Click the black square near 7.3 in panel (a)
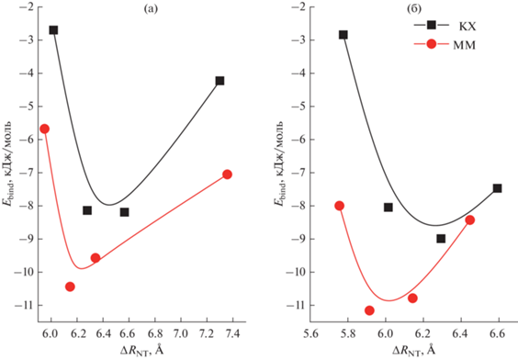pyautogui.click(x=220, y=81)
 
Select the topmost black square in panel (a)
pyautogui.click(x=53, y=30)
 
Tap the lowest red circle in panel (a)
pyautogui.click(x=70, y=287)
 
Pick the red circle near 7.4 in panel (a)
pyautogui.click(x=227, y=174)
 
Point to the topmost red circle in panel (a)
pyautogui.click(x=45, y=129)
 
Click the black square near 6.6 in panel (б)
pyautogui.click(x=497, y=188)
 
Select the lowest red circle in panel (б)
pyautogui.click(x=369, y=310)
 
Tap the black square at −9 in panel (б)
pyautogui.click(x=441, y=239)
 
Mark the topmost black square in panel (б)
pyautogui.click(x=343, y=35)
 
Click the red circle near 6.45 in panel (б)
pyautogui.click(x=469, y=220)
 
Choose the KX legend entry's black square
pyautogui.click(x=432, y=25)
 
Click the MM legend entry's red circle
pyautogui.click(x=432, y=43)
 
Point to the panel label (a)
pyautogui.click(x=151, y=9)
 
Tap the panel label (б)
pyautogui.click(x=414, y=9)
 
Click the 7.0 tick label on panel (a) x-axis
pyautogui.click(x=181, y=333)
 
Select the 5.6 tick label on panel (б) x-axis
pyautogui.click(x=310, y=333)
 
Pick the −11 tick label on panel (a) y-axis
pyautogui.click(x=26, y=305)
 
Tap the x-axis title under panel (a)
pyautogui.click(x=141, y=351)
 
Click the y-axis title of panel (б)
pyautogui.click(x=279, y=163)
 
